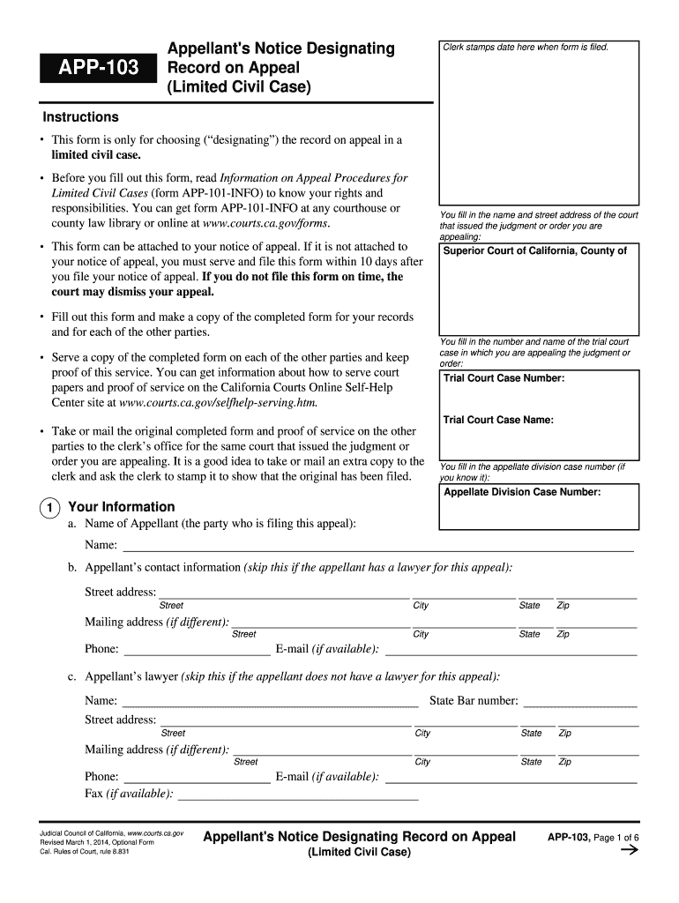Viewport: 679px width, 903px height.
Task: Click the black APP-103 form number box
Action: click(x=97, y=67)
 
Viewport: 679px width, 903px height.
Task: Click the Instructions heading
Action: click(x=80, y=117)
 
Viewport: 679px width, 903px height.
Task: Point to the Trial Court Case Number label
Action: click(x=504, y=378)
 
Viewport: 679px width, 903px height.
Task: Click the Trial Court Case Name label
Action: click(x=498, y=420)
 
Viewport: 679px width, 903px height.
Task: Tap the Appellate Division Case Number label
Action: click(x=522, y=492)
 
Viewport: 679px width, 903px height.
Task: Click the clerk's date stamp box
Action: click(x=538, y=123)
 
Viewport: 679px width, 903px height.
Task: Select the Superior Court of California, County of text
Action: click(x=534, y=251)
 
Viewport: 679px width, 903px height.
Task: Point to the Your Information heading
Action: click(x=122, y=507)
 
